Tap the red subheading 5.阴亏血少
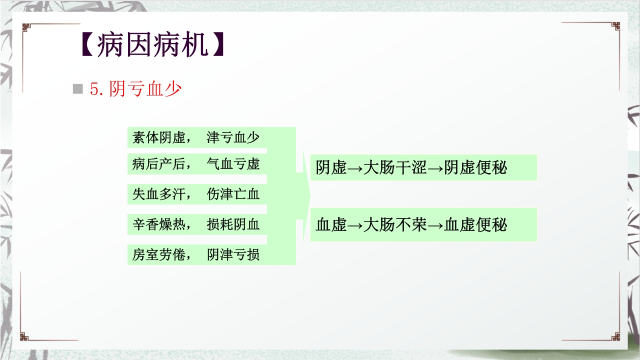point(135,89)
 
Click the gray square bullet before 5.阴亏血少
point(77,89)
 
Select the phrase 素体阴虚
point(159,137)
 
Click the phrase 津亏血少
point(233,137)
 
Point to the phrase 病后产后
point(159,164)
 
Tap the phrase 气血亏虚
point(233,164)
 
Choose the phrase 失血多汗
point(159,194)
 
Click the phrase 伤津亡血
point(233,194)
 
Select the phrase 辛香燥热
point(159,224)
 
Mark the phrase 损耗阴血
point(233,224)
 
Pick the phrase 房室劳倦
point(159,255)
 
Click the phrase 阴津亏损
point(233,255)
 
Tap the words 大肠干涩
point(395,168)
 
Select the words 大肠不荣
point(395,225)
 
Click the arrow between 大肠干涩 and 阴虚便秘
point(435,168)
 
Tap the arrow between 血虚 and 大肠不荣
point(355,225)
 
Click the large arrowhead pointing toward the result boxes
point(305,195)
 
